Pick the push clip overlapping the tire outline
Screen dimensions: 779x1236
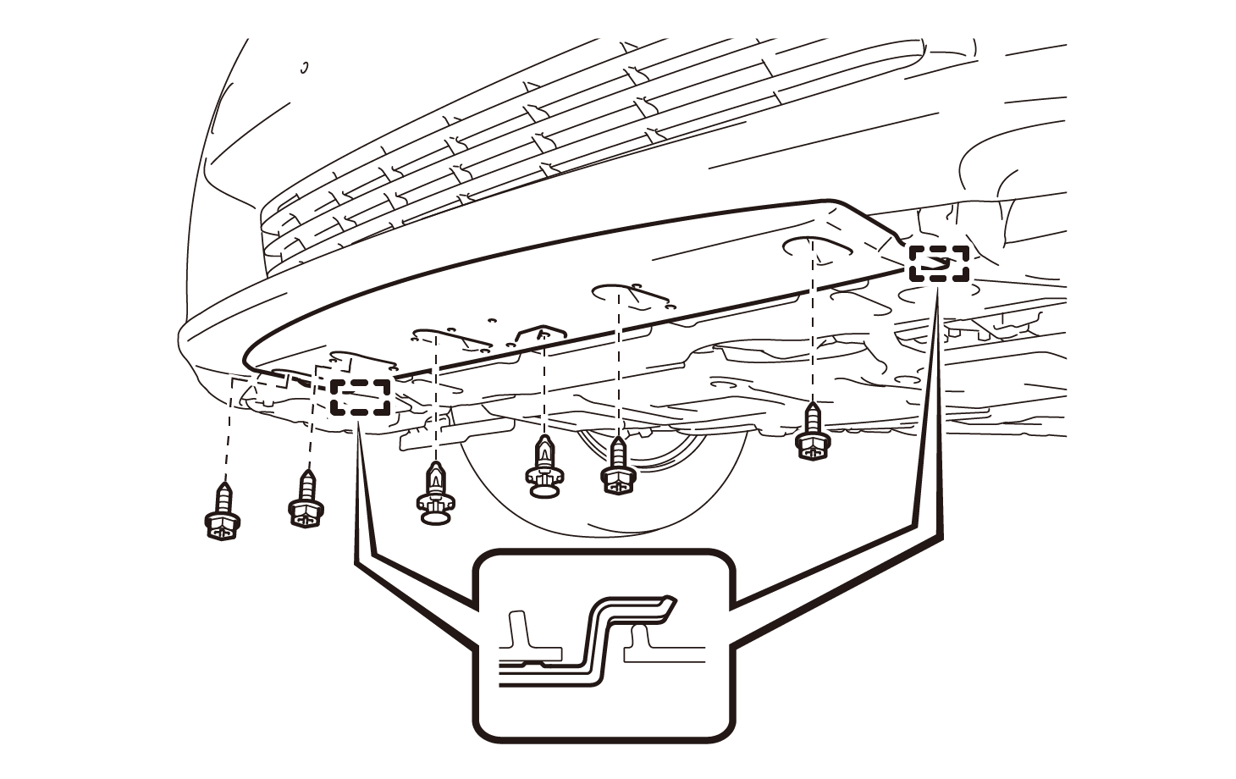[544, 469]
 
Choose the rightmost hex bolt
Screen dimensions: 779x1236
[813, 434]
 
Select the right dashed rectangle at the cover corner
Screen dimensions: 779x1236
[939, 263]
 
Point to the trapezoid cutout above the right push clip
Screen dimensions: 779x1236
[542, 331]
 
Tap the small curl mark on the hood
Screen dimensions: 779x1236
[305, 67]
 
